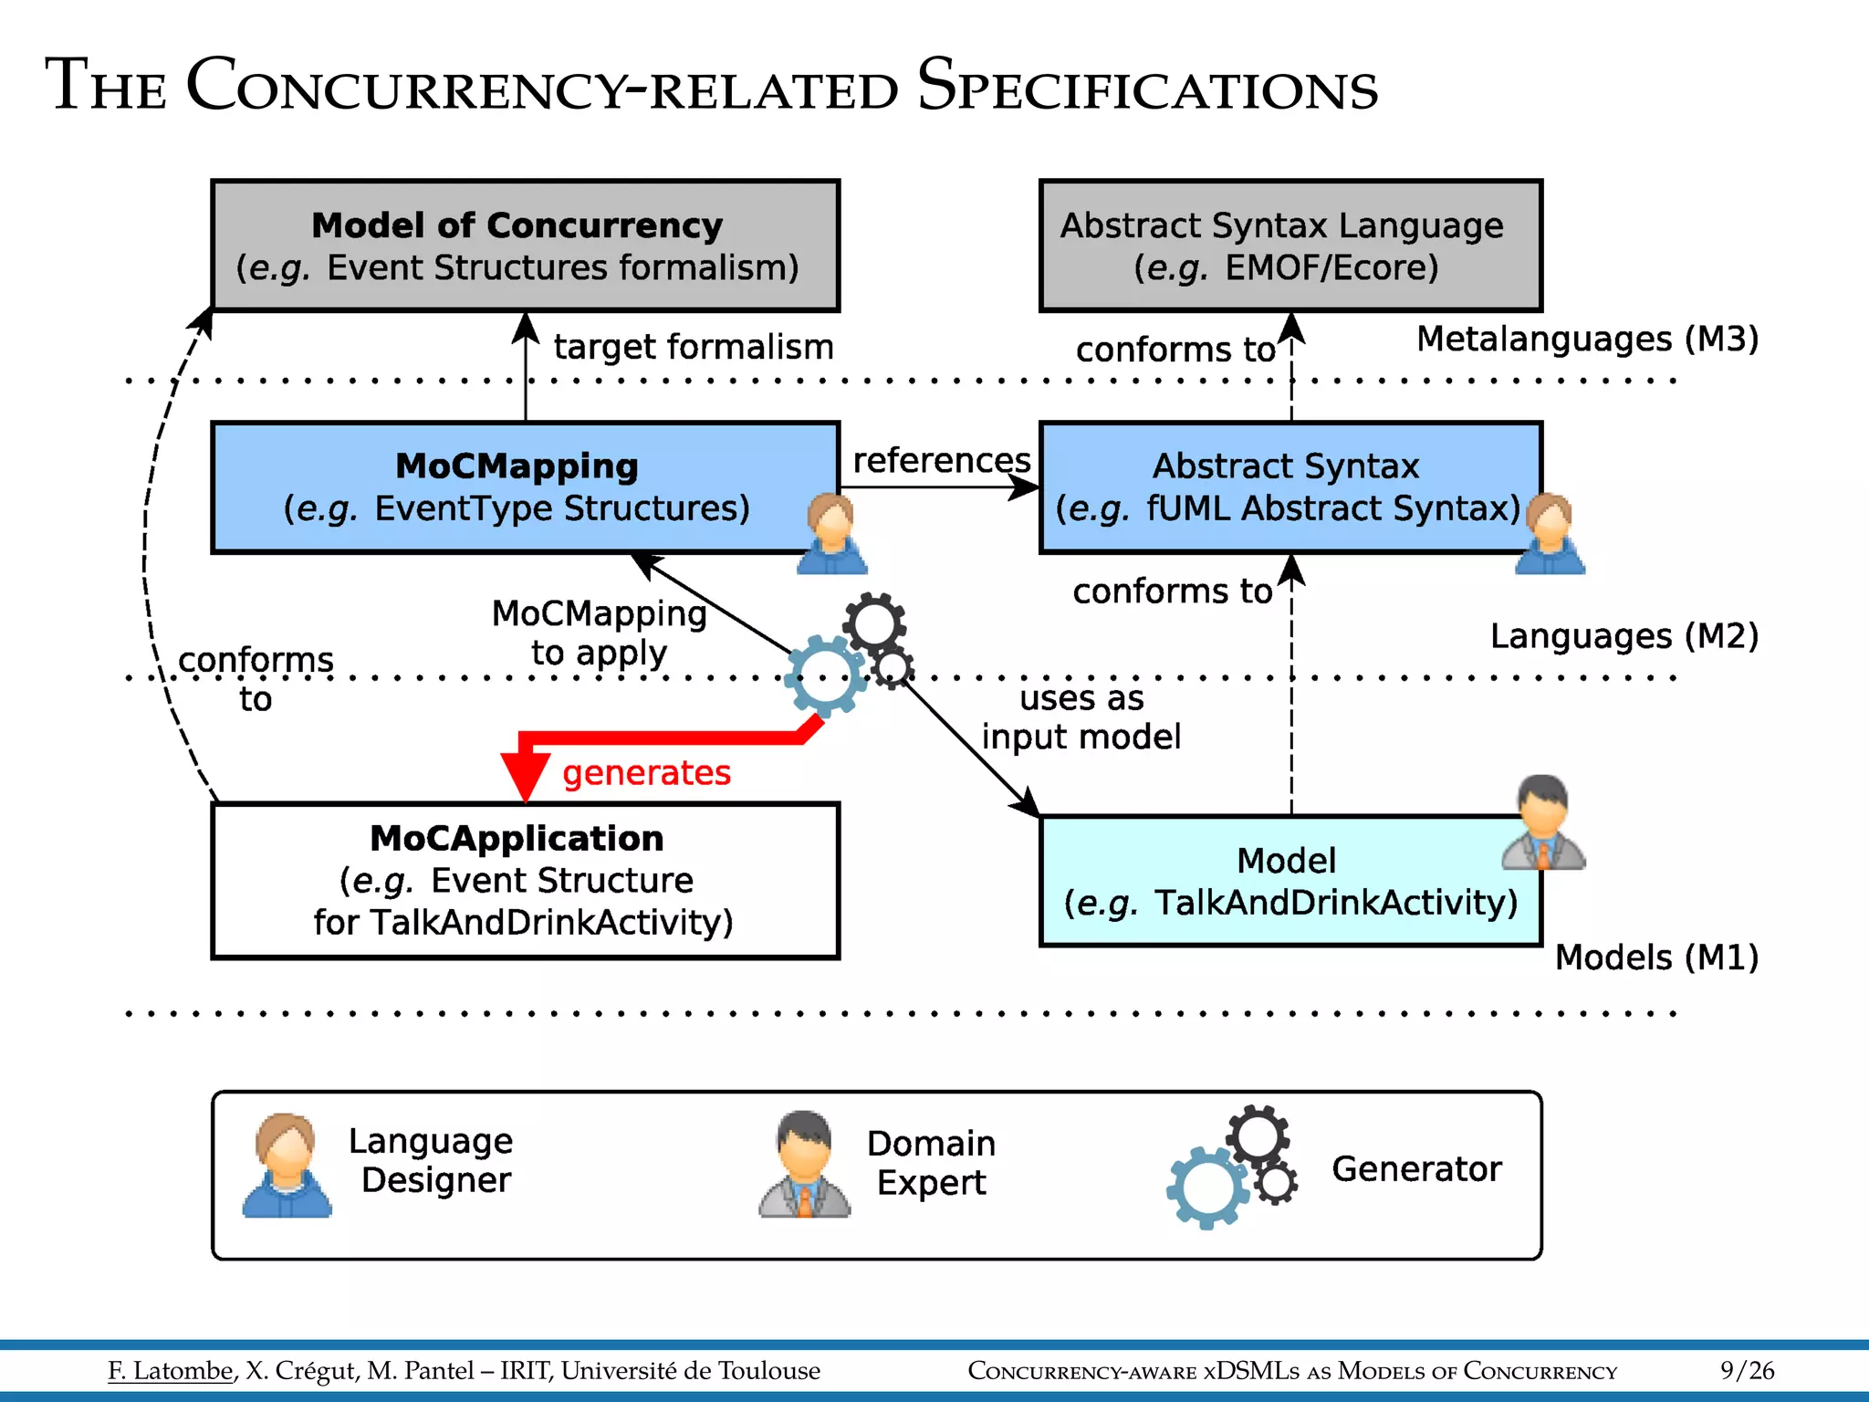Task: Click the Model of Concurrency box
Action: point(525,246)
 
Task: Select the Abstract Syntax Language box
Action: point(1290,246)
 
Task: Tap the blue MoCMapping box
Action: point(516,487)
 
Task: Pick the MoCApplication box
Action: point(525,880)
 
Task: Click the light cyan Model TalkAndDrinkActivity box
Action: point(1287,881)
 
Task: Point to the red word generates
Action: point(646,773)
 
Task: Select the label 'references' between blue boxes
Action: point(941,460)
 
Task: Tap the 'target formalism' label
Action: point(694,347)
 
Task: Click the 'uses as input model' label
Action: point(1081,717)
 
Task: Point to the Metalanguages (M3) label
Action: point(1586,339)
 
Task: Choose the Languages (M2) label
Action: point(1624,635)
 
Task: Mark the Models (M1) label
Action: point(1655,957)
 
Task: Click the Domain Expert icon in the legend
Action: point(804,1165)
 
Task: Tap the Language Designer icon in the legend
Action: point(287,1166)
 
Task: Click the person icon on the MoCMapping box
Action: point(831,534)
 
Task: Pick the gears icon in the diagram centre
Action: point(849,655)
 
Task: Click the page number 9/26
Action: point(1746,1370)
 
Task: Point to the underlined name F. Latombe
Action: point(171,1370)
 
